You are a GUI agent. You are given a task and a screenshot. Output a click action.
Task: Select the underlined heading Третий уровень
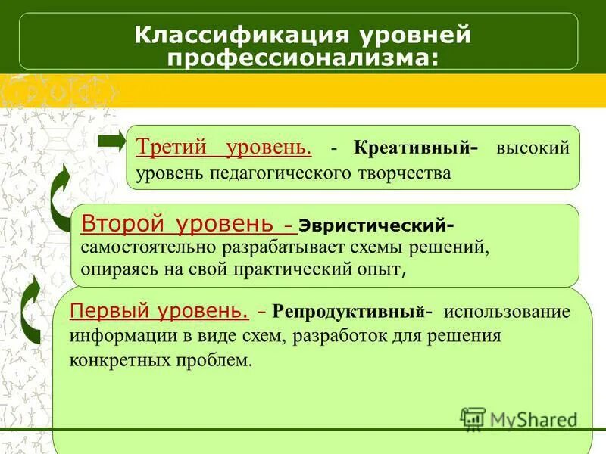pyautogui.click(x=224, y=148)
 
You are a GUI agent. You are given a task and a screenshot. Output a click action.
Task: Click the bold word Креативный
pyautogui.click(x=411, y=148)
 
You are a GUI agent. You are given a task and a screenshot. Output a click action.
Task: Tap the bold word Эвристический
pyautogui.click(x=374, y=225)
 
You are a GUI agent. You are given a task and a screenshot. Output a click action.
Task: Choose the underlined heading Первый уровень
pyautogui.click(x=159, y=310)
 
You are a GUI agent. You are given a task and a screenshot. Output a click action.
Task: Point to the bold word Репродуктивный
pyautogui.click(x=348, y=312)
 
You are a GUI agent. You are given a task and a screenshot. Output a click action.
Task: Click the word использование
pyautogui.click(x=507, y=312)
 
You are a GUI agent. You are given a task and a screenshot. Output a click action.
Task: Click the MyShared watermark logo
pyautogui.click(x=520, y=419)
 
